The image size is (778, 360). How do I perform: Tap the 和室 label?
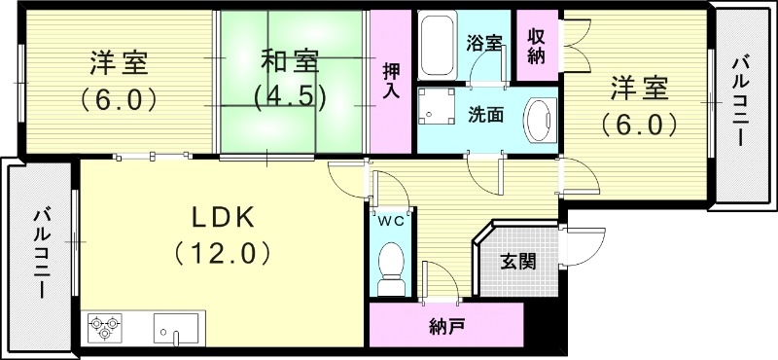[x=289, y=60]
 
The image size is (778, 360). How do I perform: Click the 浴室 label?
[x=483, y=43]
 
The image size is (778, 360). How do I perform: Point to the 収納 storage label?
[x=536, y=45]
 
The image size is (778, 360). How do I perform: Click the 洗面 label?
[x=485, y=114]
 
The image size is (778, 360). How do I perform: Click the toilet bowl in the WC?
[x=392, y=266]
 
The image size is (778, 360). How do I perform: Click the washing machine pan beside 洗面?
[x=435, y=113]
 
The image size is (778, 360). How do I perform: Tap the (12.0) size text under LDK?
[x=222, y=253]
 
